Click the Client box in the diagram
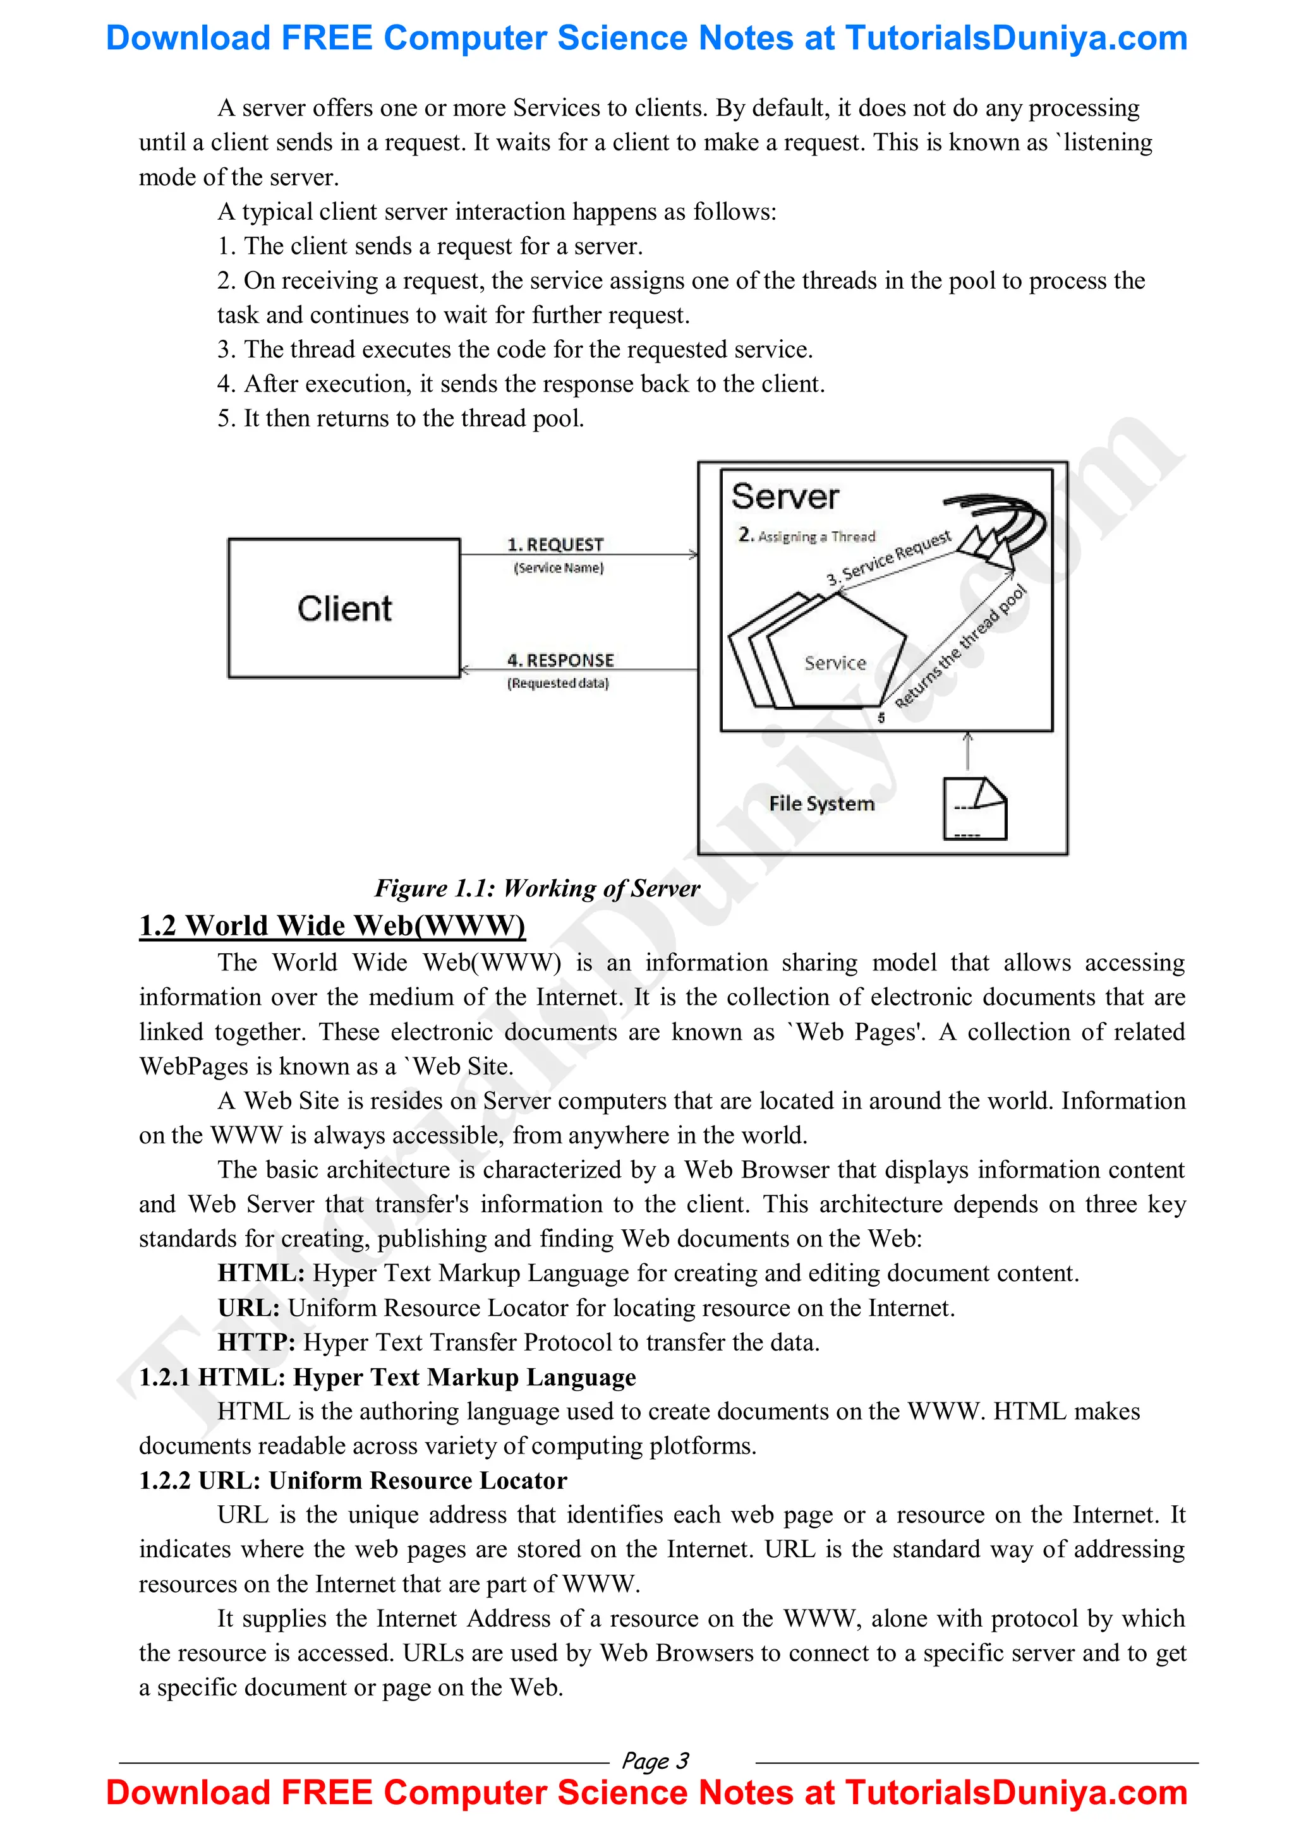coord(344,608)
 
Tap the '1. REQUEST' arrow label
coord(556,545)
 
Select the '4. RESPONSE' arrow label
coord(560,660)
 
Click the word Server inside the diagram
coord(785,497)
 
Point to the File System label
coord(821,804)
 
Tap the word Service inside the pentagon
coord(835,663)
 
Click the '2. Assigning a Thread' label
coord(807,536)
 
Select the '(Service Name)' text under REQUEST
coord(559,567)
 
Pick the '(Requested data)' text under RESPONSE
coord(558,683)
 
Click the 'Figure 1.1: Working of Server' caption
coord(536,888)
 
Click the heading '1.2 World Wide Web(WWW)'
coord(332,925)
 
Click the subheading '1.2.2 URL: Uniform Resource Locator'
coord(353,1480)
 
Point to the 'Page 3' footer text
coord(655,1761)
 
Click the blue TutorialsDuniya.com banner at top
coord(646,39)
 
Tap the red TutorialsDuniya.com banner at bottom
coord(646,1793)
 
